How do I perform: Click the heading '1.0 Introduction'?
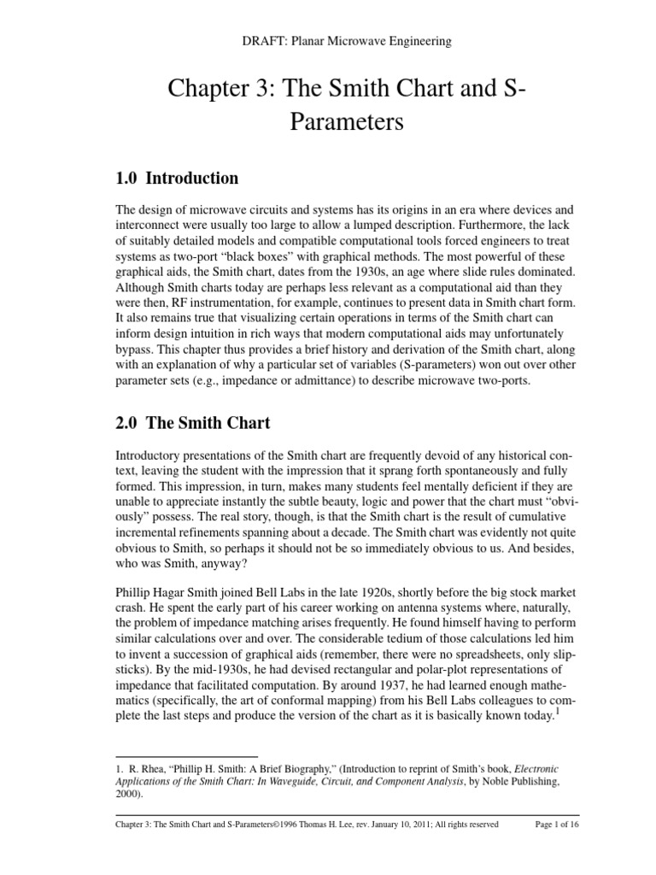click(177, 179)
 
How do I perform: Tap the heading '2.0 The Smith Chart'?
click(192, 422)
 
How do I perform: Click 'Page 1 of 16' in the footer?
click(556, 825)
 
